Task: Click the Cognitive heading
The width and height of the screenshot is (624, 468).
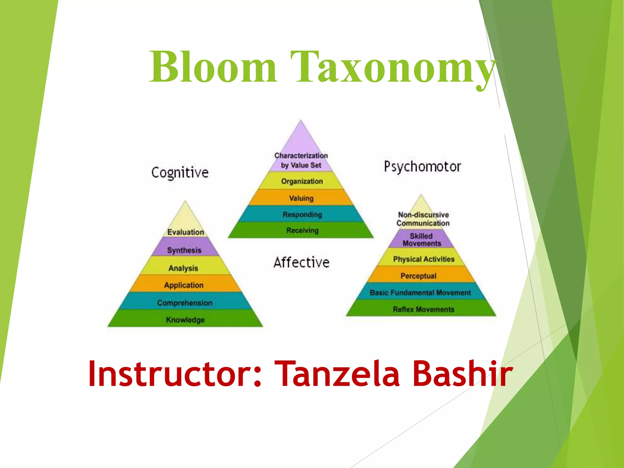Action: (180, 172)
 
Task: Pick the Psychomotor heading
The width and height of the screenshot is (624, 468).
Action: (422, 167)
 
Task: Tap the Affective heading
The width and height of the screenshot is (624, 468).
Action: (301, 262)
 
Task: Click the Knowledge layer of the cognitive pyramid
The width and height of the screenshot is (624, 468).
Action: (185, 320)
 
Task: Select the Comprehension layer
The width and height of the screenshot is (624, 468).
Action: (185, 303)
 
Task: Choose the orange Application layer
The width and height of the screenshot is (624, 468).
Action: (184, 285)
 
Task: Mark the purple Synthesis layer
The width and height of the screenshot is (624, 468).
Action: (184, 250)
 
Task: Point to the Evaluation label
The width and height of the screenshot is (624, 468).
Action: (186, 232)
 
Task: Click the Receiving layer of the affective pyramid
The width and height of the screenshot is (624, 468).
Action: (302, 230)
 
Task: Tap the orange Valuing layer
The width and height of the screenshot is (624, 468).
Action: (301, 198)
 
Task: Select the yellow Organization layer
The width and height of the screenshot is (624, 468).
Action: (302, 181)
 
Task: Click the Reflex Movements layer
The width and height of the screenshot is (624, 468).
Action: (423, 309)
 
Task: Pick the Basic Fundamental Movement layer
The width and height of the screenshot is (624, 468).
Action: (420, 292)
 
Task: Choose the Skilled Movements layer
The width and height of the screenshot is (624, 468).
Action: (422, 239)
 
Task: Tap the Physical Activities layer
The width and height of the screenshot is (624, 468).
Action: (424, 259)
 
